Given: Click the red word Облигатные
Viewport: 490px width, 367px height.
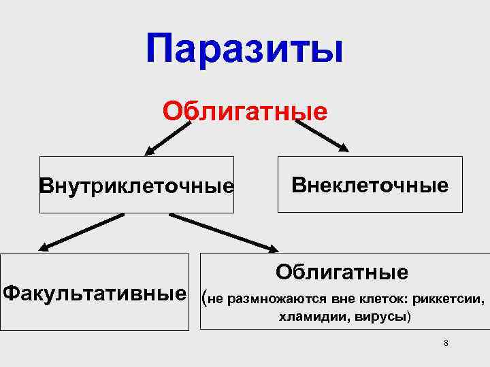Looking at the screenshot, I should coord(244,110).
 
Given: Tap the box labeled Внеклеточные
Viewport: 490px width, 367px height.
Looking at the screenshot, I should coord(370,185).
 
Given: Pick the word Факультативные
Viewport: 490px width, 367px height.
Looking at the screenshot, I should coord(95,294).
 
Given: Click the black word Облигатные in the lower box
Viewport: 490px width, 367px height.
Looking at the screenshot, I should coord(342,272).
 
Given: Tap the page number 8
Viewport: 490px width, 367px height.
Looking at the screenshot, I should coord(446,343).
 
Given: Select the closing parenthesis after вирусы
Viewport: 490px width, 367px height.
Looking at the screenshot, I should coord(408,317).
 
